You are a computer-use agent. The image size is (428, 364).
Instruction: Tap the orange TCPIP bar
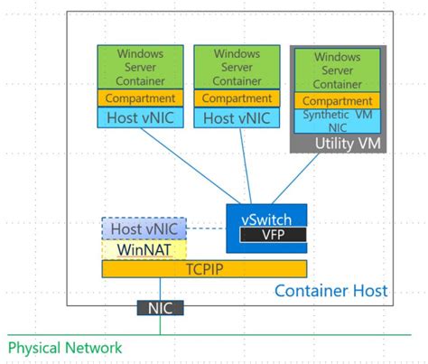(x=204, y=268)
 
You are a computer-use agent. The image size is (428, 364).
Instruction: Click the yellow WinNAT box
(x=144, y=249)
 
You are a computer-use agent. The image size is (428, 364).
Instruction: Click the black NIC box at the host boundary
(x=160, y=308)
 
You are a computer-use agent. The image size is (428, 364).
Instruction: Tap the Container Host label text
(x=330, y=290)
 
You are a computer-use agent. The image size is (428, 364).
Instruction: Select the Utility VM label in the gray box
(x=342, y=143)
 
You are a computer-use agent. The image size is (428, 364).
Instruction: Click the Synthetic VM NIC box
(x=336, y=120)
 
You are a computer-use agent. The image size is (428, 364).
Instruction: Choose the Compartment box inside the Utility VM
(x=336, y=101)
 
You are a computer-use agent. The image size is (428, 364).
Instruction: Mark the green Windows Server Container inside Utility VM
(x=336, y=70)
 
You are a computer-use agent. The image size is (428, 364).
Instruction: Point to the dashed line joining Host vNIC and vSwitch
(x=205, y=228)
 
